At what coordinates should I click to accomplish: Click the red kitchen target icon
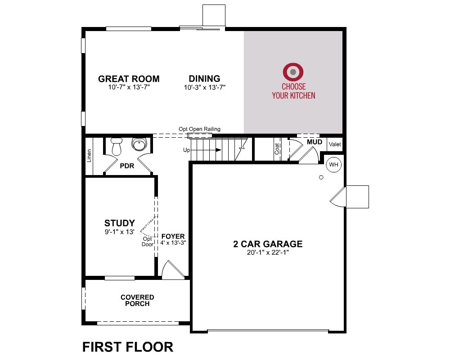[293, 72]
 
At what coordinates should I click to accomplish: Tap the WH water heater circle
[334, 165]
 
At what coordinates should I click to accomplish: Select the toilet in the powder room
[117, 146]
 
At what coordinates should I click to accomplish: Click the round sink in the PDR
[139, 144]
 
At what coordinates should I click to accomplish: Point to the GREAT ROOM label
[129, 79]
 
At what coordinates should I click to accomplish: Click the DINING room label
[205, 78]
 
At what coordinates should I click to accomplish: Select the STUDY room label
[120, 223]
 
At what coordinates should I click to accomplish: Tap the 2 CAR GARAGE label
[268, 244]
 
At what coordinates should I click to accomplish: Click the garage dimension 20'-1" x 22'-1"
[268, 252]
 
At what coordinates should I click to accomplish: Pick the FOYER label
[173, 236]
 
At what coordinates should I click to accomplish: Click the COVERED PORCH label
[137, 301]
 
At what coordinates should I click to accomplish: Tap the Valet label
[335, 144]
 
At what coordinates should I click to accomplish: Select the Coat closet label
[277, 149]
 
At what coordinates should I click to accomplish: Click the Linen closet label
[89, 156]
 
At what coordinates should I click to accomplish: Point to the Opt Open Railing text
[199, 129]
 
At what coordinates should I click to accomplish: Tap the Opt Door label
[148, 242]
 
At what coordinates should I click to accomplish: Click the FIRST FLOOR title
[128, 347]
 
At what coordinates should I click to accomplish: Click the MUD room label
[315, 142]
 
